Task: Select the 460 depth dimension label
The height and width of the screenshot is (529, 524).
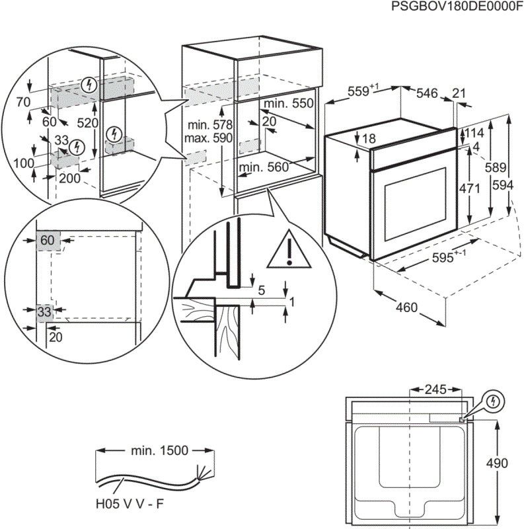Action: coord(408,307)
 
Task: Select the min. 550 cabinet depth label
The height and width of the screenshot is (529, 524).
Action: coord(287,104)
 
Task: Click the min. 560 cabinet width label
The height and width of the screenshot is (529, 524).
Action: coord(264,168)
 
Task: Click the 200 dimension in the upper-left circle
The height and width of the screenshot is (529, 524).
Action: coord(69,178)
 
